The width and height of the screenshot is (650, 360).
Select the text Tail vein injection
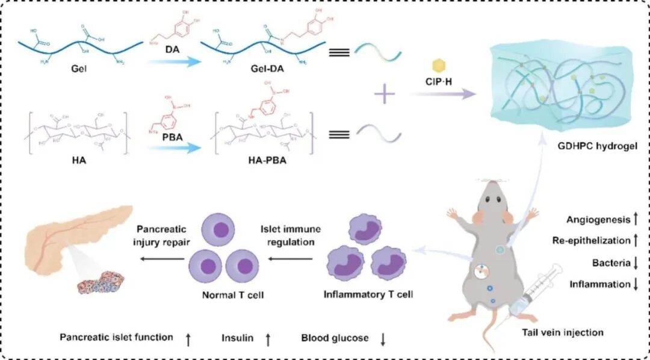pos(563,332)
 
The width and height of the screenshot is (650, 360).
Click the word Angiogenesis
pos(596,220)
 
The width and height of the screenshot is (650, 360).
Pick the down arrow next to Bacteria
pos(635,262)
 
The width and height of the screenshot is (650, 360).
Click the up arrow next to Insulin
pos(268,339)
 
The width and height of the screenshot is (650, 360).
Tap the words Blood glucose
pos(335,338)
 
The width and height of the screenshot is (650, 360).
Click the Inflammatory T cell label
pos(368,295)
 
